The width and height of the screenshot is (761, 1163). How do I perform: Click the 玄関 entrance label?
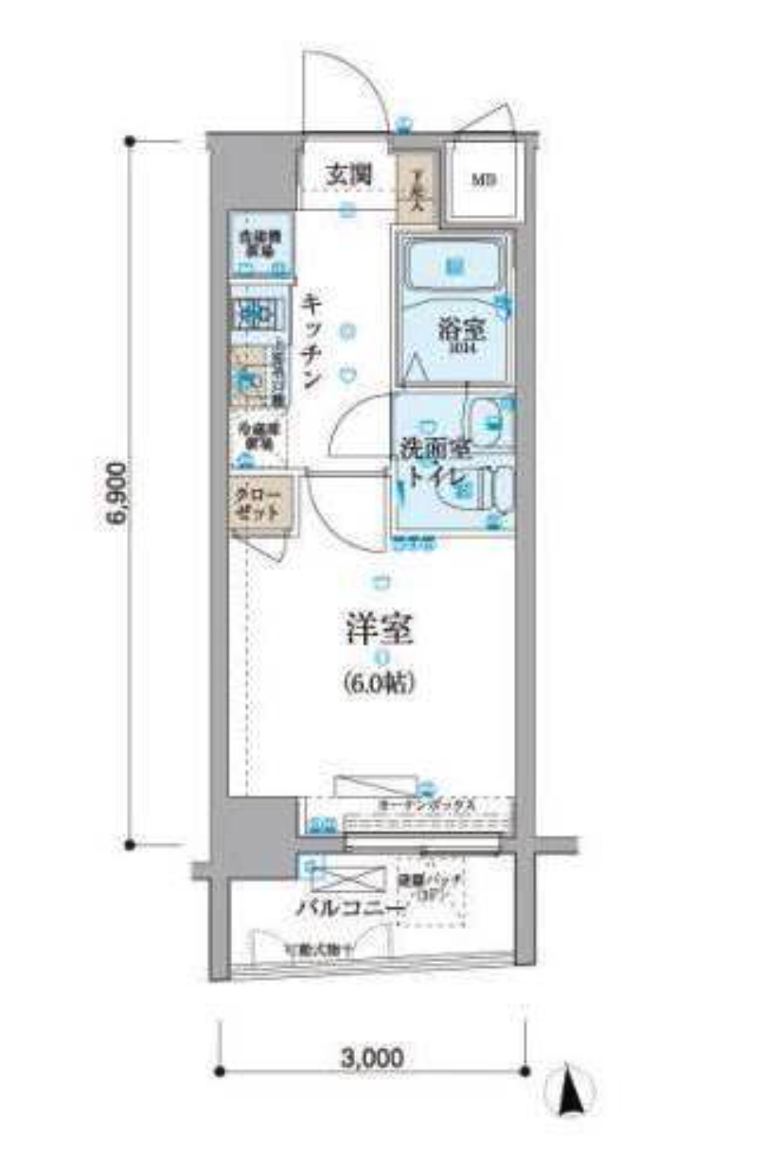(347, 174)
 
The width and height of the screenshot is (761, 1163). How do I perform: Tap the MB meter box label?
(483, 180)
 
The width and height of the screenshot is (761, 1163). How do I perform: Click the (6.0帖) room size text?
(378, 683)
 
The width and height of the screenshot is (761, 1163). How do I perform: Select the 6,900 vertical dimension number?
(116, 493)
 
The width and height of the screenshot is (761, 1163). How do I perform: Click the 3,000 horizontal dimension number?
(371, 1057)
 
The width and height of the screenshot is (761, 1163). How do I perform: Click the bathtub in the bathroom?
(451, 265)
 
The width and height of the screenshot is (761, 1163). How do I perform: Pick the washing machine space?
(259, 243)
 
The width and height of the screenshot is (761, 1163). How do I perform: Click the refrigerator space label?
(255, 437)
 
